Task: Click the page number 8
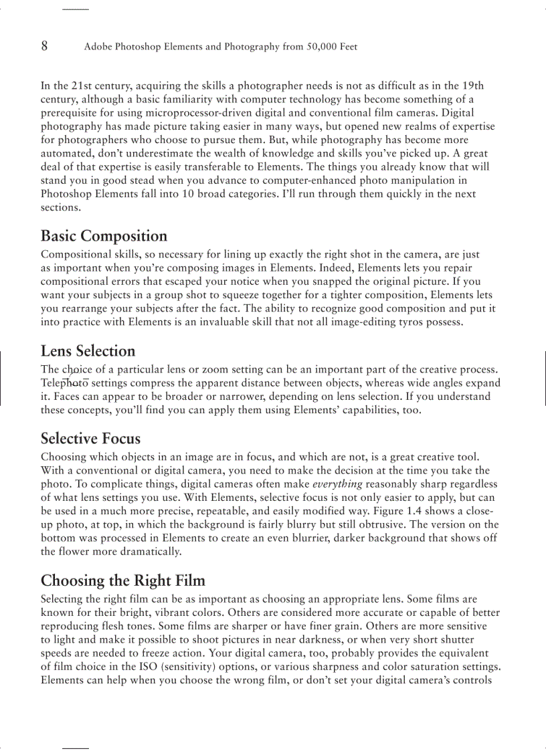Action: pyautogui.click(x=44, y=46)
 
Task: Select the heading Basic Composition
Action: pyautogui.click(x=104, y=236)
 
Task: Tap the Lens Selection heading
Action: pyautogui.click(x=88, y=351)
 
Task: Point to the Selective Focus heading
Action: pyautogui.click(x=90, y=439)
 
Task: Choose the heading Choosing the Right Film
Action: pyautogui.click(x=122, y=580)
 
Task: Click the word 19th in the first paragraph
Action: pyautogui.click(x=473, y=86)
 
